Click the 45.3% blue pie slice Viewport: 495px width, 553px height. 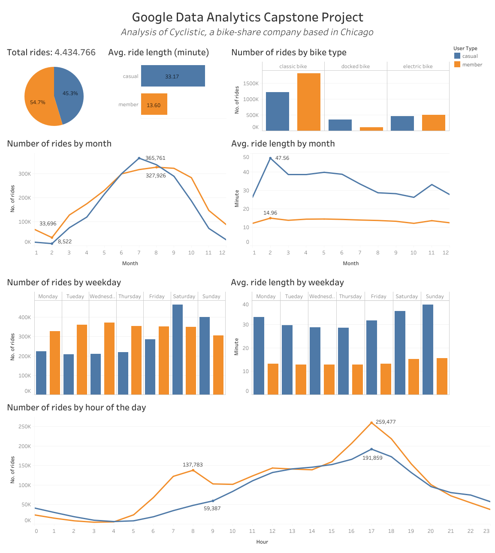pyautogui.click(x=69, y=92)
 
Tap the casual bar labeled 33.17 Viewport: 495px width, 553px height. pyautogui.click(x=173, y=76)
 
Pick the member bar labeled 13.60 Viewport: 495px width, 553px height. pyautogui.click(x=154, y=105)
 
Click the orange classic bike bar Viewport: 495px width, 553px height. pyautogui.click(x=308, y=102)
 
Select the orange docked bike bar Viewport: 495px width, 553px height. pyautogui.click(x=371, y=129)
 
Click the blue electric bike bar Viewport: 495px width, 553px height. pyautogui.click(x=402, y=123)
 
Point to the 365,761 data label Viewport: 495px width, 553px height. pyautogui.click(x=155, y=158)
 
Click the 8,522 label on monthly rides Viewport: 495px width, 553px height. pyautogui.click(x=65, y=242)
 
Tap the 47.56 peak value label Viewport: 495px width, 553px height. pyautogui.click(x=282, y=158)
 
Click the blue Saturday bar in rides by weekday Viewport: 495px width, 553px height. pyautogui.click(x=177, y=349)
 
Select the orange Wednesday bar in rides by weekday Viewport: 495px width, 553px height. pyautogui.click(x=109, y=358)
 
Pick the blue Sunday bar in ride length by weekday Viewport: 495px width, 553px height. pyautogui.click(x=428, y=349)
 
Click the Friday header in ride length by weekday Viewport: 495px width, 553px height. pyautogui.click(x=378, y=296)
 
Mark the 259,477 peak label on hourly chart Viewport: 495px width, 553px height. pyautogui.click(x=386, y=422)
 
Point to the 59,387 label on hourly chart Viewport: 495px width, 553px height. pyautogui.click(x=212, y=508)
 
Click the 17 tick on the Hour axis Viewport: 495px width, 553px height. pyautogui.click(x=371, y=531)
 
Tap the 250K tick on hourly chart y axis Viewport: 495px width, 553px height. pyautogui.click(x=24, y=427)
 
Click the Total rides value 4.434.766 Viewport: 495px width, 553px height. pyautogui.click(x=75, y=52)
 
